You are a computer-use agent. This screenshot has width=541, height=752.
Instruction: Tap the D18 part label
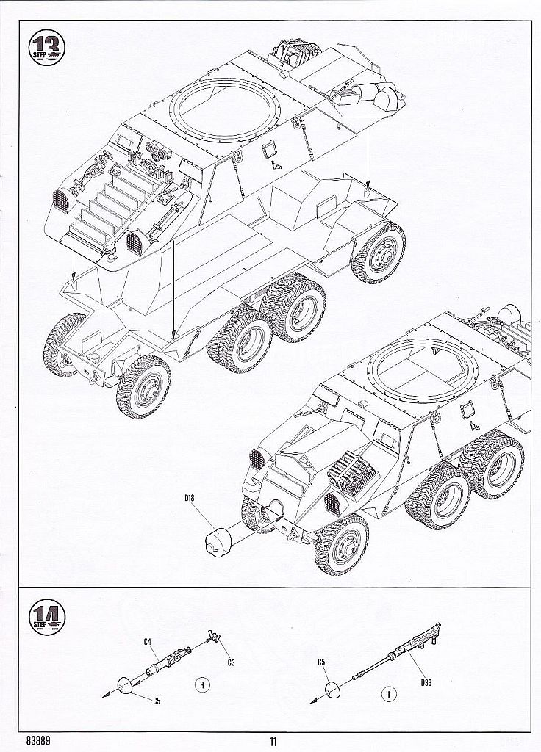click(x=190, y=501)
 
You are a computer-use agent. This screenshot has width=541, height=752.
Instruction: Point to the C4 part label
click(x=147, y=643)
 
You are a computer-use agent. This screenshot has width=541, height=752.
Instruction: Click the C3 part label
click(x=231, y=663)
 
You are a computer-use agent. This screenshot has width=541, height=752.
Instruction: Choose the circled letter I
click(x=387, y=691)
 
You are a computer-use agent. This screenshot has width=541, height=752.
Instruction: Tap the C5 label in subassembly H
click(x=157, y=701)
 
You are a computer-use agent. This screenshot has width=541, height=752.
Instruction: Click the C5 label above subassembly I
click(x=321, y=662)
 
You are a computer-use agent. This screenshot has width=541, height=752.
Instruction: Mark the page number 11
click(x=273, y=740)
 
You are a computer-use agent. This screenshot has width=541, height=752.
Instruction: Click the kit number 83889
click(x=41, y=740)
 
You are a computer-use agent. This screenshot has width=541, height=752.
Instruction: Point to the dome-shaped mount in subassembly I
click(x=333, y=688)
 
